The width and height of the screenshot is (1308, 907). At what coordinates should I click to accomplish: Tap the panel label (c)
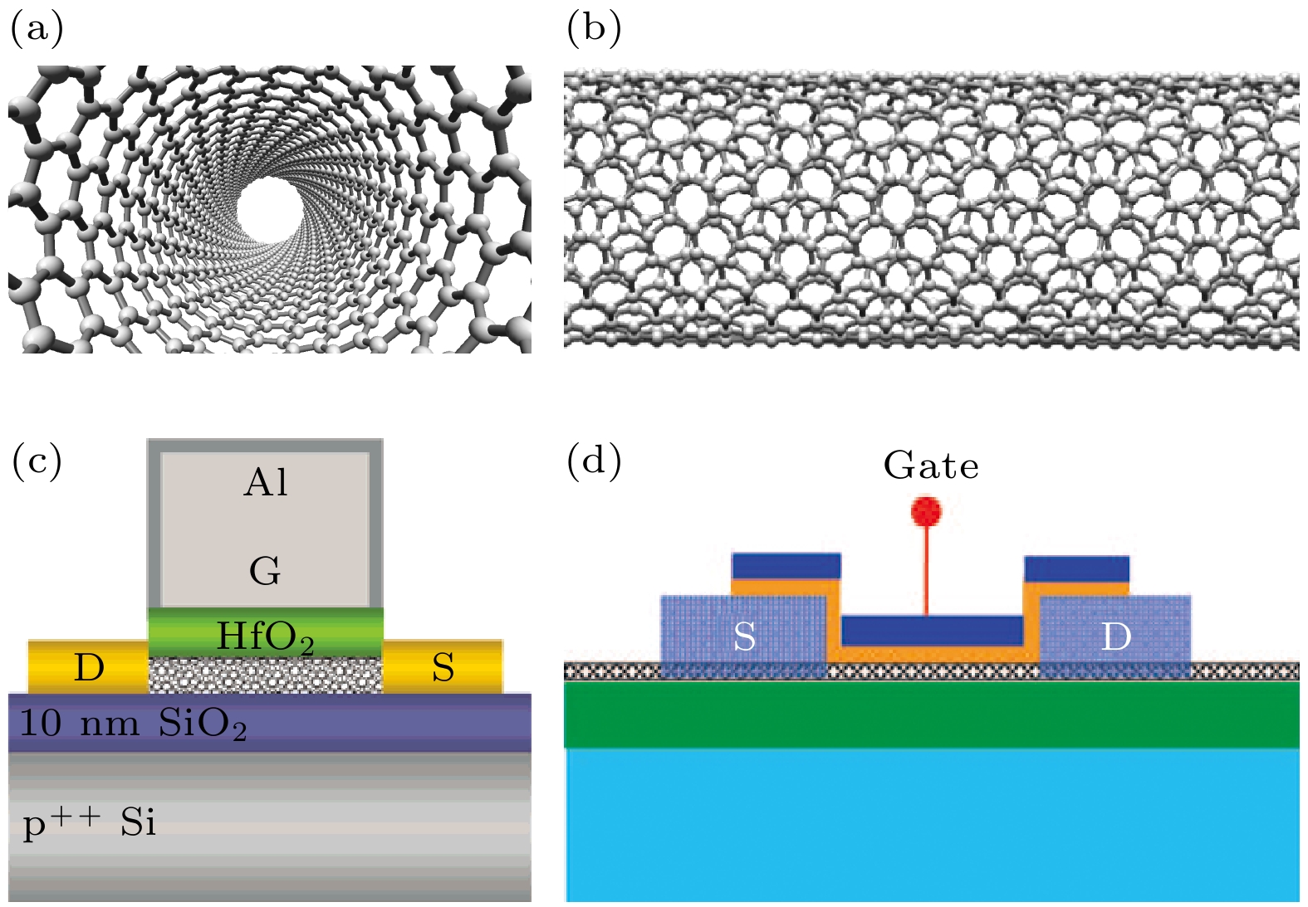(37, 461)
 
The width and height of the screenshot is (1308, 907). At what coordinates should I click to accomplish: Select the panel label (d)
(593, 461)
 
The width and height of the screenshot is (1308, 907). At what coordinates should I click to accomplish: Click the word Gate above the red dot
(931, 466)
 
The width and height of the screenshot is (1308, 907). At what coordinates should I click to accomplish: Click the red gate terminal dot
(926, 511)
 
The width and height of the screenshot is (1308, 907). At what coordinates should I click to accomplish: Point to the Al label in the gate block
(266, 483)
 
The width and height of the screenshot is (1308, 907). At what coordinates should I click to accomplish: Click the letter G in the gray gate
(265, 571)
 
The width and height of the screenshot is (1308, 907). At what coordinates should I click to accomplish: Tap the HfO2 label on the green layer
(265, 637)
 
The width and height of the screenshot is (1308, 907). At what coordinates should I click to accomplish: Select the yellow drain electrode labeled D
(88, 667)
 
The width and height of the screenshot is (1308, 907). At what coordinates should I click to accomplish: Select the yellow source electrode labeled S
(443, 667)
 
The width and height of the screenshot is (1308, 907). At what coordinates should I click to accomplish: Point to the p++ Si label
(90, 822)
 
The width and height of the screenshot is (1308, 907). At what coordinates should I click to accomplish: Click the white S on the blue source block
(744, 636)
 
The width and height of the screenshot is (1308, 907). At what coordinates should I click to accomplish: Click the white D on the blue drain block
(1115, 636)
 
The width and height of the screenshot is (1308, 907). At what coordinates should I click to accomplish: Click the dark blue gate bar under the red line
(932, 631)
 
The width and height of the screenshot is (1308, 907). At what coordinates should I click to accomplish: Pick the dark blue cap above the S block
(786, 566)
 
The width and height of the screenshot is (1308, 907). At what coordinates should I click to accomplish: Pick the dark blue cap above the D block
(1076, 568)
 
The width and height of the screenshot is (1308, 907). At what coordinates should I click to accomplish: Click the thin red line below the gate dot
(926, 573)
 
